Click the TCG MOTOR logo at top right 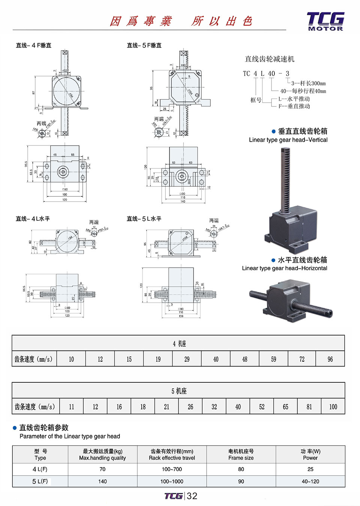(325, 21)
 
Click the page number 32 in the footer (192, 496)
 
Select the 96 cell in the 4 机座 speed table (330, 359)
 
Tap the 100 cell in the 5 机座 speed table (333, 407)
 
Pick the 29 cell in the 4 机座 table (187, 359)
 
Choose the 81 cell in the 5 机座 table (309, 407)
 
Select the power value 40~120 (310, 481)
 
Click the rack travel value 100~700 (172, 469)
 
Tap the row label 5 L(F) (40, 481)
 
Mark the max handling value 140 (102, 481)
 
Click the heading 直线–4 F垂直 (34, 45)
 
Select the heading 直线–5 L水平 (144, 219)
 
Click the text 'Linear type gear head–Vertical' (288, 140)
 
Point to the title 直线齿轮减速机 (270, 59)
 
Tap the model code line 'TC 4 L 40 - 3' (266, 73)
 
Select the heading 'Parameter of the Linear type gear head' (70, 436)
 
